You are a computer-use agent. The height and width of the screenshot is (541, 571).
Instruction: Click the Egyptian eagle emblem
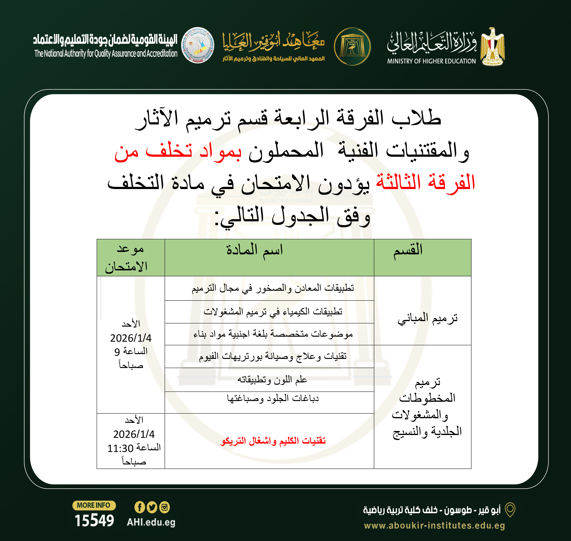tap(493, 47)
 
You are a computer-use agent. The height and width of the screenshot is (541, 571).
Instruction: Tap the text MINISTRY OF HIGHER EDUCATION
tap(431, 61)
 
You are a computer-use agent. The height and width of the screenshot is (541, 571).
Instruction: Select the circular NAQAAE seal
tap(197, 45)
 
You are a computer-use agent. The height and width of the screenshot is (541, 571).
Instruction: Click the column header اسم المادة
tap(254, 250)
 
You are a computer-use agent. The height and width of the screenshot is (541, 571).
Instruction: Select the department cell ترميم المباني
tap(427, 318)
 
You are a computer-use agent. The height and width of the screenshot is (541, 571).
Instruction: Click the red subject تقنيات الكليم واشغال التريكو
tap(273, 441)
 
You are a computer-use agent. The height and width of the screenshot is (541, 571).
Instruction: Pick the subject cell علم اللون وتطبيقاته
tap(272, 380)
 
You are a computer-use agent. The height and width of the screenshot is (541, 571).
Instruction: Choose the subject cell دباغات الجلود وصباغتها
tap(273, 399)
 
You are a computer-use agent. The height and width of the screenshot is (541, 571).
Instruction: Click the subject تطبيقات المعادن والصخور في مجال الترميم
tap(273, 288)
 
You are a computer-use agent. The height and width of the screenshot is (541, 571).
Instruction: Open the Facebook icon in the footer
tap(139, 507)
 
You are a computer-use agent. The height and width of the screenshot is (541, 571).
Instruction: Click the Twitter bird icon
tap(152, 507)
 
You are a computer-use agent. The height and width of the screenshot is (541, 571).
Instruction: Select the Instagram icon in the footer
tap(165, 507)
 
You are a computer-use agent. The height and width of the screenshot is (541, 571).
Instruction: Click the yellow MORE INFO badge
tap(94, 505)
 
